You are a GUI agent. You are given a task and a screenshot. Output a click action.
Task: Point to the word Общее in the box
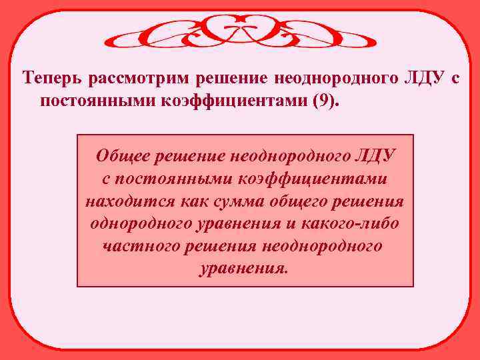[x=123, y=157]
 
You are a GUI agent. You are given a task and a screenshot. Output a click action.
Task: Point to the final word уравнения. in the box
[x=245, y=269]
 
